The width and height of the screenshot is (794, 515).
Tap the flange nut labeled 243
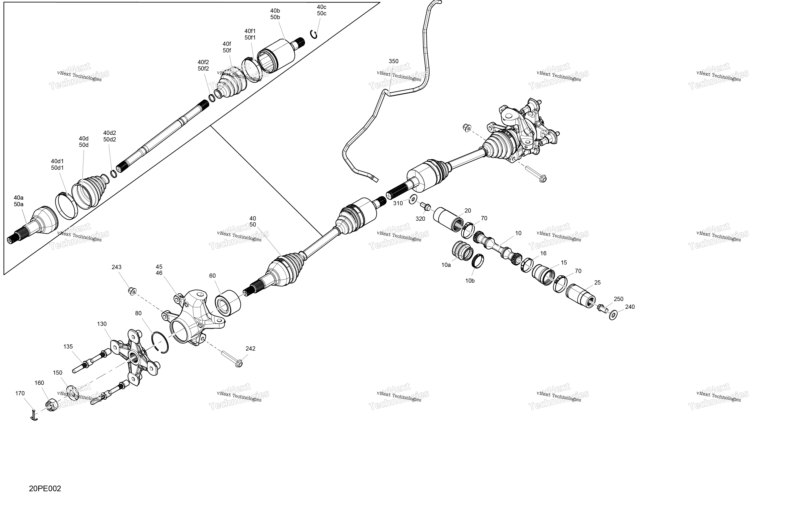pyautogui.click(x=132, y=291)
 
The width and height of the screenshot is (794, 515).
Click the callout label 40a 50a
pyautogui.click(x=19, y=201)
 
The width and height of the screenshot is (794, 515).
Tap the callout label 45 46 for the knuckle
pyautogui.click(x=159, y=270)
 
